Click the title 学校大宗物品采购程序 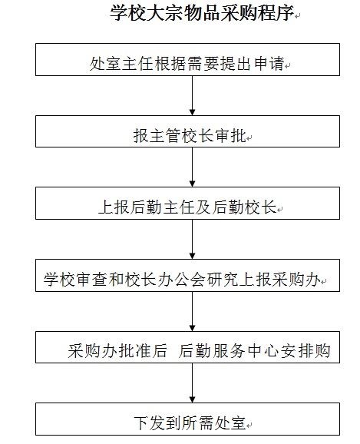[x=202, y=13]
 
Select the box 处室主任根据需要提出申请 [x=187, y=59]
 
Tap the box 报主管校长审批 [x=187, y=131]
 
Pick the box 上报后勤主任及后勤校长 [x=187, y=203]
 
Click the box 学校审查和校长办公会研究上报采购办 [x=187, y=275]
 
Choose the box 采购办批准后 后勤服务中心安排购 [x=187, y=347]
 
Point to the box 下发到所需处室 [x=187, y=419]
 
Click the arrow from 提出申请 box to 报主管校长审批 [x=192, y=95]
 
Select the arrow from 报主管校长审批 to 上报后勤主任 [x=192, y=167]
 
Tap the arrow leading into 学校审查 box [x=192, y=239]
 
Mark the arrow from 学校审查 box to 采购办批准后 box [x=192, y=311]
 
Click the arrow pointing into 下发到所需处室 [x=192, y=383]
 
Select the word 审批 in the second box [x=230, y=136]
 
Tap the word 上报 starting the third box [x=114, y=207]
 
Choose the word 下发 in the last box [x=150, y=423]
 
